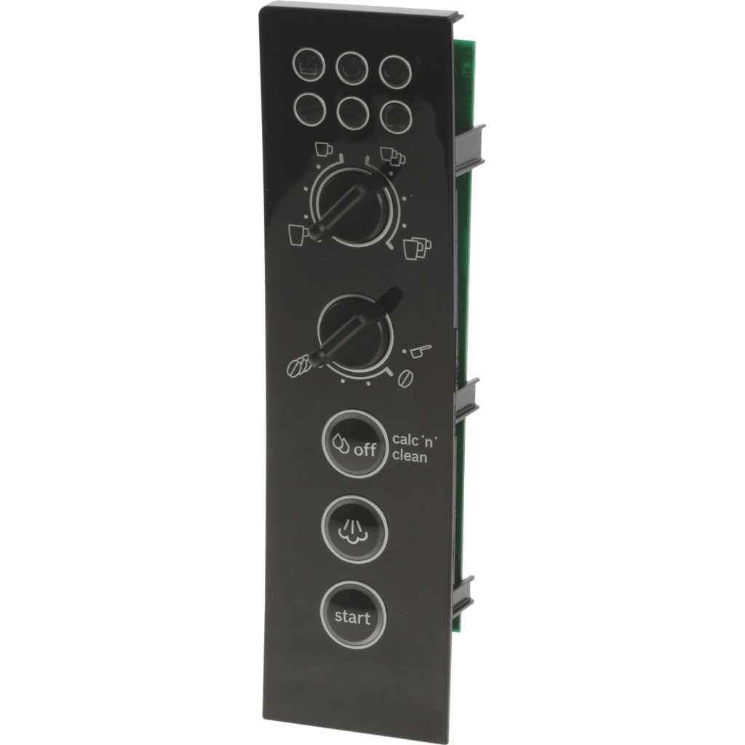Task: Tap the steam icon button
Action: click(354, 530)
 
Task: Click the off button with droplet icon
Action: click(355, 444)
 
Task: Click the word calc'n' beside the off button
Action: click(414, 439)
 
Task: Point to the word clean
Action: click(410, 457)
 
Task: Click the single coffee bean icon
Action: click(405, 378)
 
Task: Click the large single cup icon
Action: click(298, 235)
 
